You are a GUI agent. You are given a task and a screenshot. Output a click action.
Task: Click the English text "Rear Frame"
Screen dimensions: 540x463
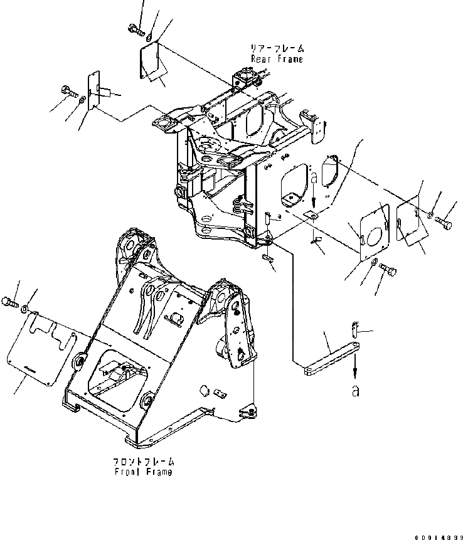[277, 59]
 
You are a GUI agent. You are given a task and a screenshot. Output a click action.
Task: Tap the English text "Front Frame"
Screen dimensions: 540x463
[142, 472]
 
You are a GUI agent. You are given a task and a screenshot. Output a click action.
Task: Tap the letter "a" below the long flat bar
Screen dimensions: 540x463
[356, 391]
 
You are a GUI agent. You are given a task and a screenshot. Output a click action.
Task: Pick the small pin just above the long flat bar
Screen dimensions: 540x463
[353, 327]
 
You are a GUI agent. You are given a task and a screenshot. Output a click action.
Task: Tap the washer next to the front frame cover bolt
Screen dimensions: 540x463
[23, 309]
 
